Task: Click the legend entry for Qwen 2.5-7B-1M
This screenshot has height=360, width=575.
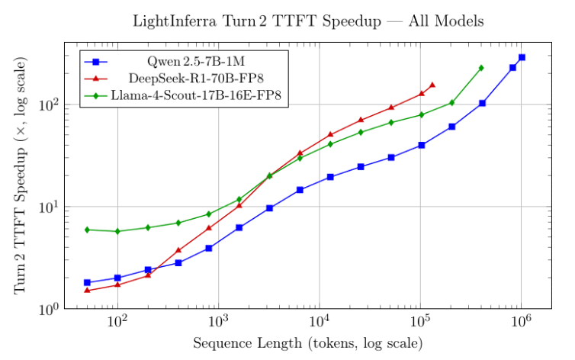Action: click(201, 61)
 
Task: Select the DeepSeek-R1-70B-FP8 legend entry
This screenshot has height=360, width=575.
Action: click(201, 79)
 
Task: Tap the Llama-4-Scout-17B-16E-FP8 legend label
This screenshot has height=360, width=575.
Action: click(201, 96)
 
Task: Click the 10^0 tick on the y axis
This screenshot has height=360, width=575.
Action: click(50, 310)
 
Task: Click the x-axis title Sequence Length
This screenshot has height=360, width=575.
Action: click(307, 343)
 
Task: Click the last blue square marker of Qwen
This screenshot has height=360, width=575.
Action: click(522, 57)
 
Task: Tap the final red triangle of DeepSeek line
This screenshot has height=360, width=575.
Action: click(432, 85)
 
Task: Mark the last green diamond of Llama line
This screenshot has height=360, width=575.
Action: click(481, 68)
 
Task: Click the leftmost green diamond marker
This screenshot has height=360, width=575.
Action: click(87, 230)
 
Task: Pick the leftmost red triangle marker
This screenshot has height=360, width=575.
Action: click(87, 290)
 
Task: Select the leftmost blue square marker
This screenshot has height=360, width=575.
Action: click(87, 282)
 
